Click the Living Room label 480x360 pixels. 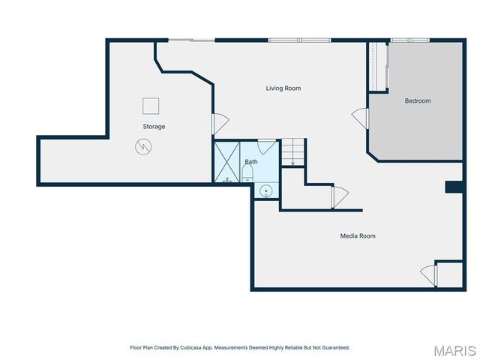tap(283, 88)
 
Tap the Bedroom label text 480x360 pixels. tap(418, 101)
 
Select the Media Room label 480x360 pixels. tap(357, 236)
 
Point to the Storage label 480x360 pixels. tap(154, 127)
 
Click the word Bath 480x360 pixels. tap(251, 162)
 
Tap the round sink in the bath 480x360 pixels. tap(265, 190)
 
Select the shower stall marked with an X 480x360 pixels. tap(226, 163)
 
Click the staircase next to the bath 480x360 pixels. tap(292, 153)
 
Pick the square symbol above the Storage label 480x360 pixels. tap(151, 106)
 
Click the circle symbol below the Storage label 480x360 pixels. tap(142, 147)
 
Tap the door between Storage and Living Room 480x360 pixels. tap(220, 124)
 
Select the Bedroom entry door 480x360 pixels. tap(361, 118)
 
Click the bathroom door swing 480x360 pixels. tap(266, 146)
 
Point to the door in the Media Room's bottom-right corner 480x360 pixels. tap(429, 274)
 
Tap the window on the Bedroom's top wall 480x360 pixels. tap(409, 40)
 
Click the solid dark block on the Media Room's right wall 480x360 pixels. tap(454, 187)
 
